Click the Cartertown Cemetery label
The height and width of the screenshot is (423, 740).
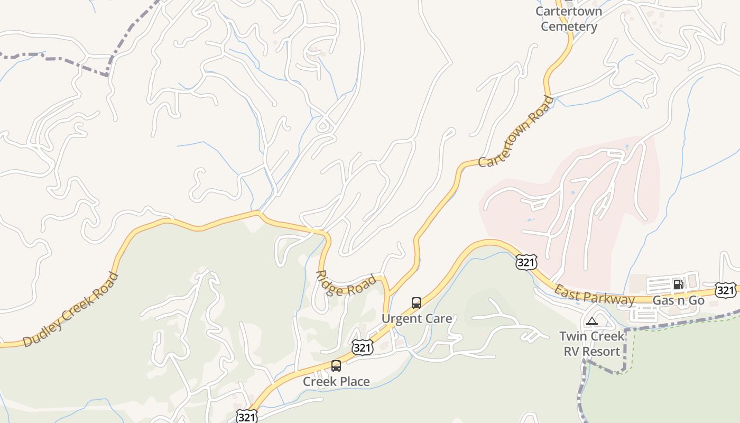(x=569, y=19)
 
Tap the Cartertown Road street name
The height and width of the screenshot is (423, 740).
(x=516, y=132)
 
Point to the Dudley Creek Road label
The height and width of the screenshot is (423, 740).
(x=71, y=309)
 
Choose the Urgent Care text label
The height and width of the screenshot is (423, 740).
(x=417, y=318)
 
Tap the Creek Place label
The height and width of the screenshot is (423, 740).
(x=336, y=381)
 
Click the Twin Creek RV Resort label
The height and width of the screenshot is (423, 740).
(x=591, y=344)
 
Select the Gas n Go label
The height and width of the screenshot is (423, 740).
(x=679, y=300)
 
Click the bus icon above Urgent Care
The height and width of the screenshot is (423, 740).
(x=417, y=303)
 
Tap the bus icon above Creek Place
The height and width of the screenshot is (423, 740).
(x=336, y=366)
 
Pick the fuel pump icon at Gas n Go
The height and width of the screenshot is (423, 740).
(x=678, y=284)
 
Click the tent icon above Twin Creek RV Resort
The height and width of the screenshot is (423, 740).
(x=591, y=320)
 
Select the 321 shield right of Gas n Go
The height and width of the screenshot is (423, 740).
(x=725, y=290)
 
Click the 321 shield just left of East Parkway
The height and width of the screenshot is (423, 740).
(x=526, y=262)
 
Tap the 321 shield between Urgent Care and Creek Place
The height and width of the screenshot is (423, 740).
(x=362, y=347)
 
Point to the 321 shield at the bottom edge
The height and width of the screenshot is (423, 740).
(x=246, y=416)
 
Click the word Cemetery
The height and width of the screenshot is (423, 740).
(x=569, y=26)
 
